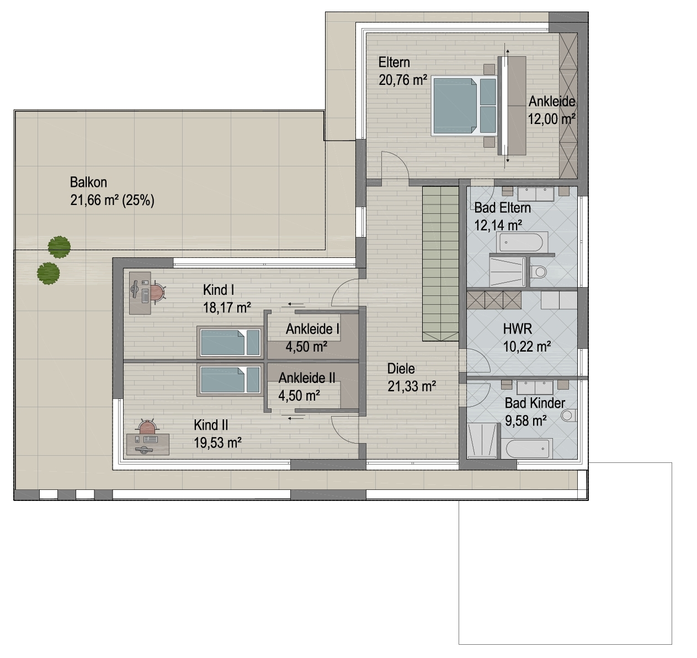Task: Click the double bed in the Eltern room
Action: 464,106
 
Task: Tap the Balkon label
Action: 88,182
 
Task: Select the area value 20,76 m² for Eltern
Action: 403,80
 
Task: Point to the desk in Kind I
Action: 140,293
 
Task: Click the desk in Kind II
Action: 148,444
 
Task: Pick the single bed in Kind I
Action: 230,342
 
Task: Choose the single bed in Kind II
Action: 230,380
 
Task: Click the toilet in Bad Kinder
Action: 569,416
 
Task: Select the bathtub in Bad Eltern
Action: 521,242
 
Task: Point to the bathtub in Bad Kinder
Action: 527,449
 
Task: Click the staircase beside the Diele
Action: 440,263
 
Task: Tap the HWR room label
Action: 517,329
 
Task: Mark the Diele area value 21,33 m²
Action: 412,386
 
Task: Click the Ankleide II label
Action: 307,378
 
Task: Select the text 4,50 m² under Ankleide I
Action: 306,346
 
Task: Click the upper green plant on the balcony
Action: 59,247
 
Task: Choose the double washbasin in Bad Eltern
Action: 536,194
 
